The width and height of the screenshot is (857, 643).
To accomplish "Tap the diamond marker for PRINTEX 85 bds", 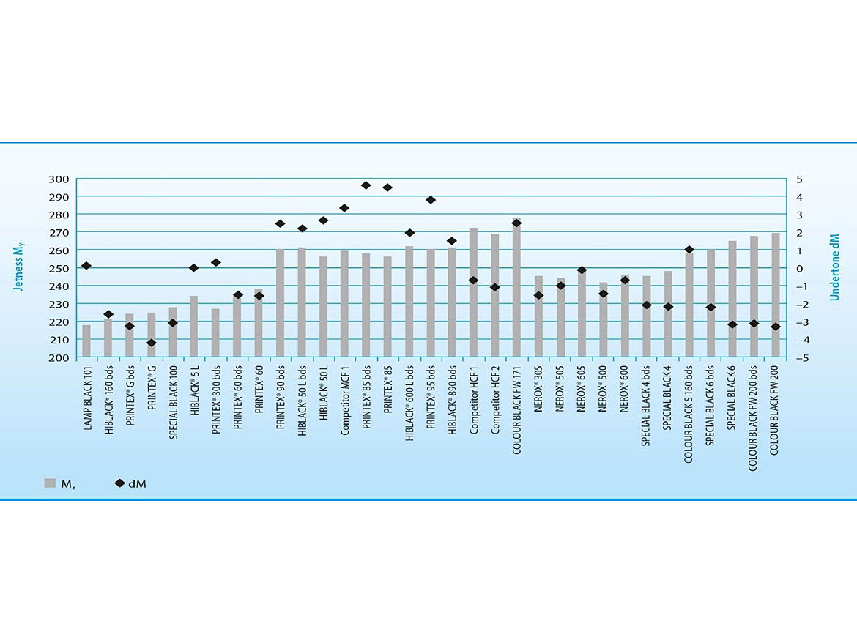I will pyautogui.click(x=366, y=185).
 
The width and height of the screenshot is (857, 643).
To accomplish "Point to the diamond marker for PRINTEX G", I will pyautogui.click(x=152, y=343).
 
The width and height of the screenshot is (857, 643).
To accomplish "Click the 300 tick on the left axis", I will pyautogui.click(x=59, y=179).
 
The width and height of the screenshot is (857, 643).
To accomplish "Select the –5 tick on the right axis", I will pyautogui.click(x=801, y=358).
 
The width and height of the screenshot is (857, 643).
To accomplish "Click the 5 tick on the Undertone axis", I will pyautogui.click(x=800, y=179).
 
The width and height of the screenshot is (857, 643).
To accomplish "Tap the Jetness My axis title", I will pyautogui.click(x=20, y=268).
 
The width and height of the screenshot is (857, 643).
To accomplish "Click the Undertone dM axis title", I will pyautogui.click(x=834, y=268).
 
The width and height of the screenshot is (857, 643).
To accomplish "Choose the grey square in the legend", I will pyautogui.click(x=50, y=483).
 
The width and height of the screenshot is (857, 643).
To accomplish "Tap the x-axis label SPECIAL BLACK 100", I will pyautogui.click(x=173, y=404).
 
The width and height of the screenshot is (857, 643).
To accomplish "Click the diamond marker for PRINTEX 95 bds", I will pyautogui.click(x=431, y=200).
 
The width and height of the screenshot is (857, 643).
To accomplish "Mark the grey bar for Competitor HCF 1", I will pyautogui.click(x=473, y=293).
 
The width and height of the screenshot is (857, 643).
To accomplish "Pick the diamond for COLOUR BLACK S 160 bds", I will pyautogui.click(x=689, y=250).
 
